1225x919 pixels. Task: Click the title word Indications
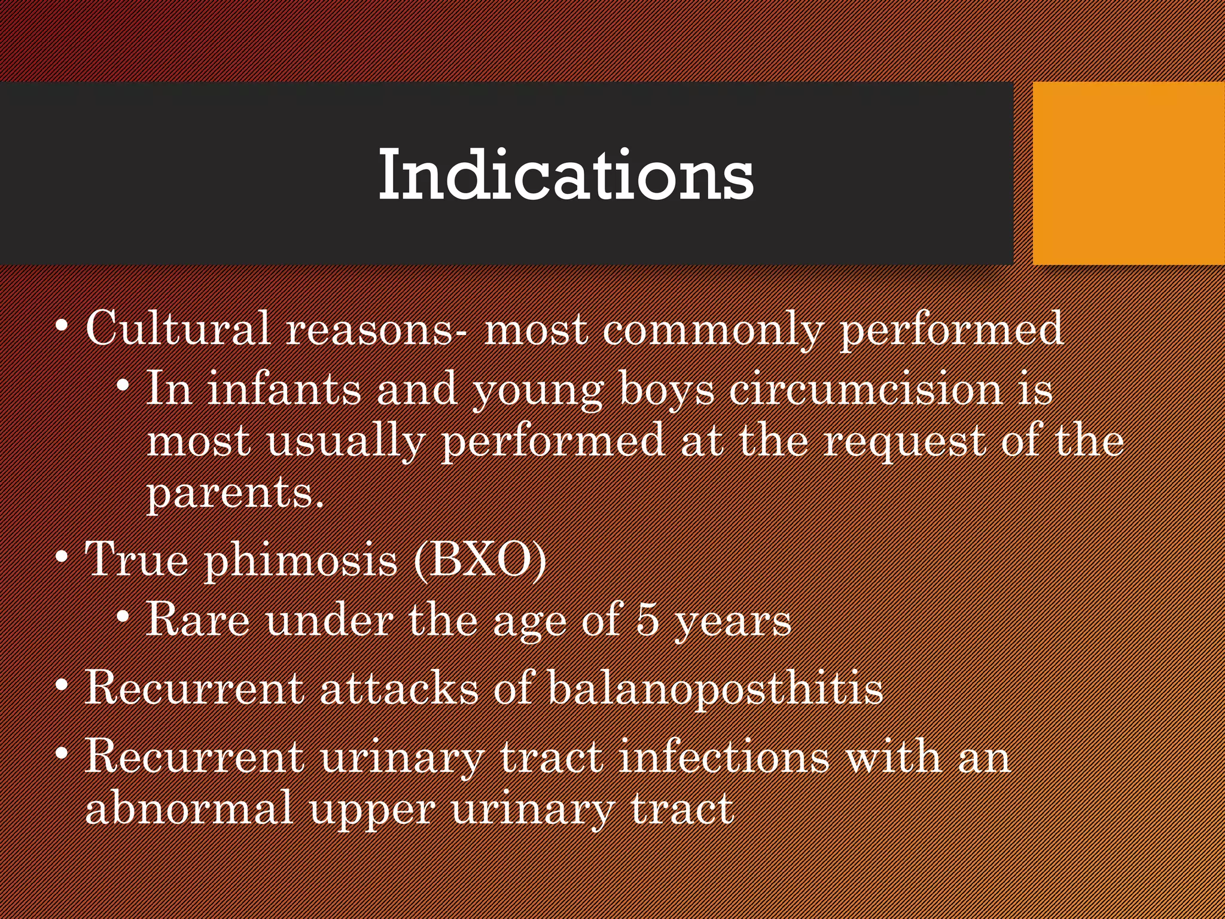[x=566, y=175]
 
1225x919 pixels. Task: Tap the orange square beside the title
[x=1128, y=173]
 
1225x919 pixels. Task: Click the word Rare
[x=198, y=620]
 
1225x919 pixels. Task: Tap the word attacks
[x=400, y=688]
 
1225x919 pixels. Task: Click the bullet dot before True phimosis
[x=62, y=558]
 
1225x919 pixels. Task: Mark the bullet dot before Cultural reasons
[x=62, y=327]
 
